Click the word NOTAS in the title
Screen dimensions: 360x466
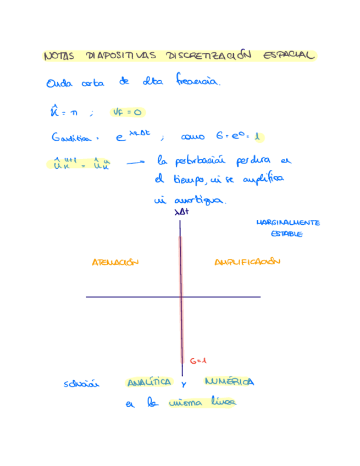pyautogui.click(x=59, y=56)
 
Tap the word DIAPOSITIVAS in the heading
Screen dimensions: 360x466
pyautogui.click(x=120, y=56)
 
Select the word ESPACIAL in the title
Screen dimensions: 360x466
pyautogui.click(x=290, y=56)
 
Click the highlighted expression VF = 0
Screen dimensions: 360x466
pyautogui.click(x=128, y=113)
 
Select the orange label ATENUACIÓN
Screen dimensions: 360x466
pyautogui.click(x=115, y=263)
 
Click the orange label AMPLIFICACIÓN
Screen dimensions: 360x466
pyautogui.click(x=247, y=262)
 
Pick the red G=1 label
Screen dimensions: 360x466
pyautogui.click(x=197, y=361)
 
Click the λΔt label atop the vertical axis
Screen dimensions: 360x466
pyautogui.click(x=181, y=212)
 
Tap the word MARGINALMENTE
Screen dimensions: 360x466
pyautogui.click(x=288, y=223)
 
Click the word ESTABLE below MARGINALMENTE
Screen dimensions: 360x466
pyautogui.click(x=287, y=234)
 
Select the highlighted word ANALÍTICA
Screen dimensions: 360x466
pyautogui.click(x=149, y=382)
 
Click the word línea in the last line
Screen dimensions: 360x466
pyautogui.click(x=223, y=404)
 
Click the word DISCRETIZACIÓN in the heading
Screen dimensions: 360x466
pyautogui.click(x=208, y=56)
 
